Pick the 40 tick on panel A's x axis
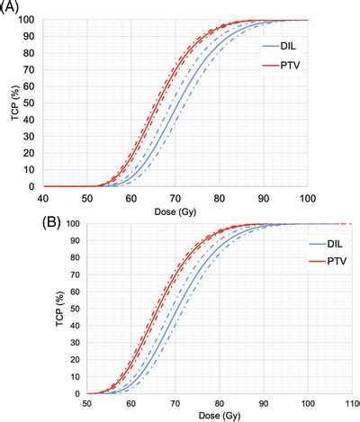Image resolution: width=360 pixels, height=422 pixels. pyautogui.click(x=43, y=197)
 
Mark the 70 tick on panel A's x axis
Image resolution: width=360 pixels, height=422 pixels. pyautogui.click(x=175, y=197)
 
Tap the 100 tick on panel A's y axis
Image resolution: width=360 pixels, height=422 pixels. pyautogui.click(x=30, y=20)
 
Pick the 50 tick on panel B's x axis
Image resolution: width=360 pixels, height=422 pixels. pyautogui.click(x=86, y=404)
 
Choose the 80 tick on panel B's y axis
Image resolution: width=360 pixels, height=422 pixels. pyautogui.click(x=74, y=258)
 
